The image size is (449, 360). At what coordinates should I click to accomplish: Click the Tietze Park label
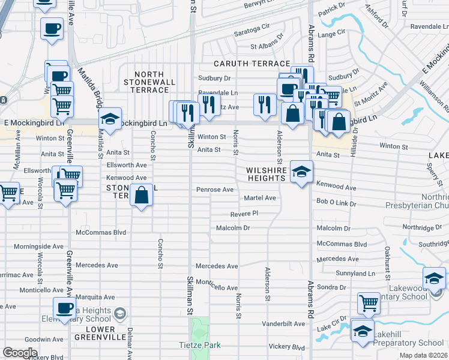pyautogui.click(x=200, y=345)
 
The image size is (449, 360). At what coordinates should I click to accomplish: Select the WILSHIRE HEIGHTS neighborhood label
pyautogui.click(x=267, y=174)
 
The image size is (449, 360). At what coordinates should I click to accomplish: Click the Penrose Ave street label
pyautogui.click(x=215, y=190)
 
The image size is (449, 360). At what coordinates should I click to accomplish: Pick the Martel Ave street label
pyautogui.click(x=259, y=198)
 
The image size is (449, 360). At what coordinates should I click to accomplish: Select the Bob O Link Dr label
pyautogui.click(x=336, y=204)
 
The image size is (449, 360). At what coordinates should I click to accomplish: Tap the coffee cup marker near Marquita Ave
pyautogui.click(x=64, y=308)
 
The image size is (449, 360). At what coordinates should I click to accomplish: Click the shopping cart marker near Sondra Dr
pyautogui.click(x=369, y=303)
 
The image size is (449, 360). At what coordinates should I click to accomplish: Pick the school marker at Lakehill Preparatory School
pyautogui.click(x=363, y=331)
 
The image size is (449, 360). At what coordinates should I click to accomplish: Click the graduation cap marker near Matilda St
pyautogui.click(x=110, y=119)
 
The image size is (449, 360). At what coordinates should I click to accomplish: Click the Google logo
pyautogui.click(x=20, y=353)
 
